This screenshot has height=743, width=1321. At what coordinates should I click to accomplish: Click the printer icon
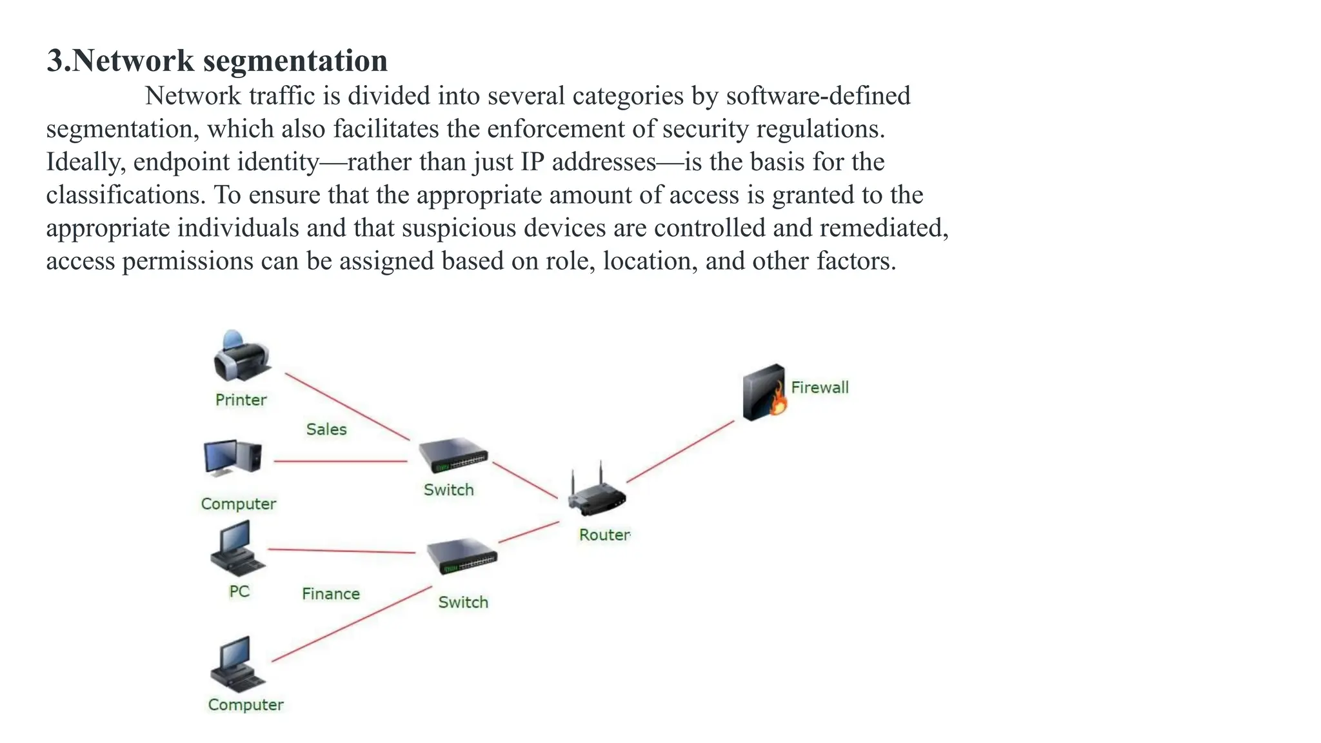click(x=241, y=358)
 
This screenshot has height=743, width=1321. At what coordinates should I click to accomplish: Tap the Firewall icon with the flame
click(x=764, y=392)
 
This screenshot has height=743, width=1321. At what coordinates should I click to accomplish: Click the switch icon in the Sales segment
click(x=453, y=455)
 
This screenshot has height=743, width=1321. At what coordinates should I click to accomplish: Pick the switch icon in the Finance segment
click(x=462, y=555)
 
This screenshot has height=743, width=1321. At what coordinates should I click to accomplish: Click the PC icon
click(x=237, y=550)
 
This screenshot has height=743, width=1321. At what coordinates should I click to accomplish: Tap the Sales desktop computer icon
click(x=232, y=458)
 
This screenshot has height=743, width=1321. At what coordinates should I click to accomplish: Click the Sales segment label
click(x=326, y=430)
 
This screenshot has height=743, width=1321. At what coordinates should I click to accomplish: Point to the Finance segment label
click(x=331, y=594)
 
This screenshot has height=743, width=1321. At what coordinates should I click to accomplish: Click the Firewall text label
click(x=820, y=388)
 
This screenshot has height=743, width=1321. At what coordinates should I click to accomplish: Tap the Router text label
click(x=604, y=535)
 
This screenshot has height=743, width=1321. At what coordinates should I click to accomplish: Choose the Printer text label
click(x=241, y=400)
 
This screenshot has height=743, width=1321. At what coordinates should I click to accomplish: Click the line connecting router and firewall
click(x=680, y=451)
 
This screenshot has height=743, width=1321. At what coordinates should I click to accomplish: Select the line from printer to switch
click(x=347, y=407)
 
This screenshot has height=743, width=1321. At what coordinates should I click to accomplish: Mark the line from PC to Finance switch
click(x=342, y=551)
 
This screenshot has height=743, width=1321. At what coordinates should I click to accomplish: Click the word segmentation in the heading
click(x=295, y=61)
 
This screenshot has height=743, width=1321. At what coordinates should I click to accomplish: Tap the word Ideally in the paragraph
click(x=84, y=162)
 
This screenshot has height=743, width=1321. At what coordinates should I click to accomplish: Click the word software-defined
click(x=818, y=96)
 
